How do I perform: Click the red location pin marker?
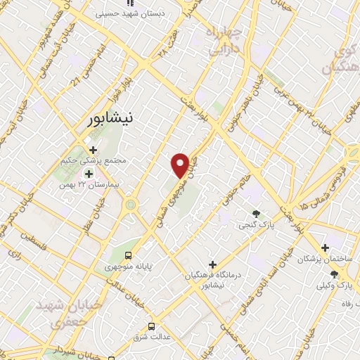(x=180, y=165)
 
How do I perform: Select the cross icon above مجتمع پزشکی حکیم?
(x=93, y=149)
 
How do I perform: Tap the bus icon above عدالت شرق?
(x=151, y=326)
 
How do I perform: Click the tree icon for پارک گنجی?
(x=255, y=214)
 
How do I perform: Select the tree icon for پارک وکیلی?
(x=334, y=274)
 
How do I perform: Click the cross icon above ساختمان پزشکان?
(x=324, y=247)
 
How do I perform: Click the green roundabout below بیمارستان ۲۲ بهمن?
(x=129, y=205)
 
